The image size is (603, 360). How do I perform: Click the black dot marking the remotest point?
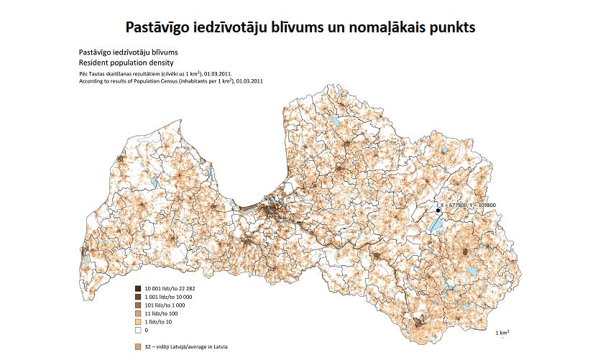438,210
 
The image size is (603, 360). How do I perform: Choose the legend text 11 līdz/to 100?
162,313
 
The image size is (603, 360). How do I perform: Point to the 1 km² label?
503,333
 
